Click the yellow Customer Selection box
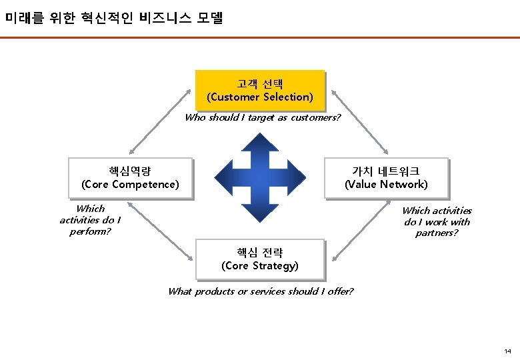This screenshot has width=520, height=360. pos(260,90)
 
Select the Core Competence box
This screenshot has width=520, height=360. pos(130,178)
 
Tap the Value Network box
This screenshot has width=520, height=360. pos(386,178)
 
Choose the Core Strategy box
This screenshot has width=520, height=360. pos(260,259)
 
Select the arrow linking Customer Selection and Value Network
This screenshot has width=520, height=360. pos(360,120)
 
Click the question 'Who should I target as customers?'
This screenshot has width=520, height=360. pos(263,117)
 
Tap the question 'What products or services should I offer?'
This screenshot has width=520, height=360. pos(261,291)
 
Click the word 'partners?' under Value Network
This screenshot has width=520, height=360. pos(437,233)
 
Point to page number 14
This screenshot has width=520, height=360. pos(507,351)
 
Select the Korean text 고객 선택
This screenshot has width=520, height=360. pos(260,84)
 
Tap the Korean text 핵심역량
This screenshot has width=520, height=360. pos(130,171)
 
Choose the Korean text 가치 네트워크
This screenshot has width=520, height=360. pos(386,171)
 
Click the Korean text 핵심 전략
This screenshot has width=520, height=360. pos(260,253)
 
